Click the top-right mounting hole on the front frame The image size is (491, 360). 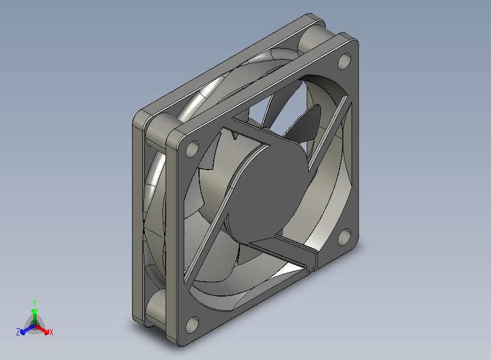(x=344, y=61)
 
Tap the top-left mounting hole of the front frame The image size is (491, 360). (x=192, y=149)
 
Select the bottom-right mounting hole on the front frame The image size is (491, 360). (x=344, y=237)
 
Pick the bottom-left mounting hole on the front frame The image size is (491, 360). (x=192, y=324)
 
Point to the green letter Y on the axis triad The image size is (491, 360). (x=34, y=303)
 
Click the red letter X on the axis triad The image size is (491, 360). (x=51, y=332)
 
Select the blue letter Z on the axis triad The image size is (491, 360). (x=18, y=332)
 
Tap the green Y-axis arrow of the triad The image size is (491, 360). (x=34, y=317)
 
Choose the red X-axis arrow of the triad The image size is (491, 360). (x=42, y=329)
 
